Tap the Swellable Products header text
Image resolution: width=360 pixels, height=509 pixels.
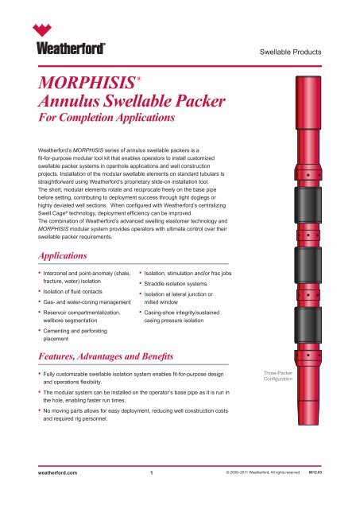tap(290, 52)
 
